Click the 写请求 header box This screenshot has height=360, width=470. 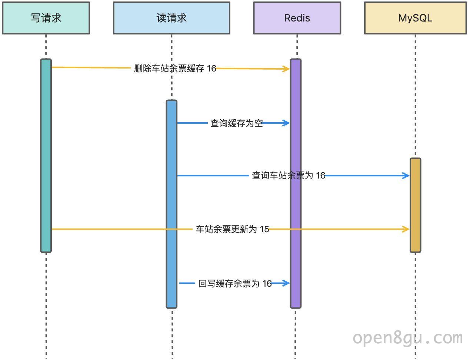pos(46,18)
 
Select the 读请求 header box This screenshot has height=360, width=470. pos(171,18)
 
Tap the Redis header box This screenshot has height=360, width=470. pos(297,18)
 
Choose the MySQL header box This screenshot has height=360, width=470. pos(415,18)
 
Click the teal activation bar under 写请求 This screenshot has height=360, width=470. pos(46,156)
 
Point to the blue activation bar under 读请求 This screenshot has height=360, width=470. pos(171,204)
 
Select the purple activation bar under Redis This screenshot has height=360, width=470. pos(296,183)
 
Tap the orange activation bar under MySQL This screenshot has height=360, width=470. pos(415,205)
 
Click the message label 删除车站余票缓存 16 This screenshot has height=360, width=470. pos(175,68)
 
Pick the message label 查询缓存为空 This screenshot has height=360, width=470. pos(236,123)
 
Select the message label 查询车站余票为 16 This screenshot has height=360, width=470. pos(289,175)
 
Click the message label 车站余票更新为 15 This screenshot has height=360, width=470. pos(232,229)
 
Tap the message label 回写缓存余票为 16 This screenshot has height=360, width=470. pos(235,284)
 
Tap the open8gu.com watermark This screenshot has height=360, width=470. pos(408,339)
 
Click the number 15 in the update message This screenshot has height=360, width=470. pos(264,229)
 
